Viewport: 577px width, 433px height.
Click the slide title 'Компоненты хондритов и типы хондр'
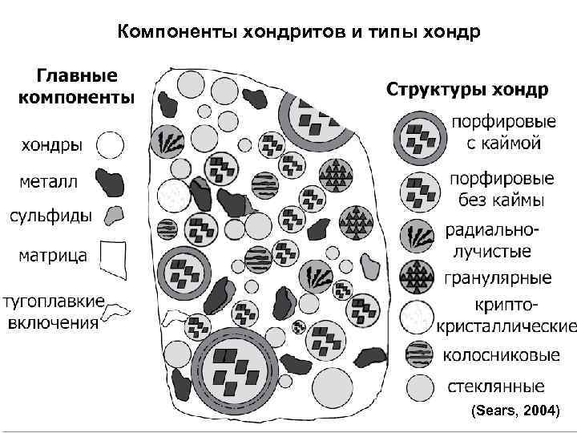(x=288, y=33)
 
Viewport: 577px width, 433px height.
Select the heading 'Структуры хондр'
(x=468, y=88)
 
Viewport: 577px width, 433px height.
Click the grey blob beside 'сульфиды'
(x=115, y=215)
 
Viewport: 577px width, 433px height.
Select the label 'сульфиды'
(x=50, y=216)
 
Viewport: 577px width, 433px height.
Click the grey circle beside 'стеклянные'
(x=418, y=386)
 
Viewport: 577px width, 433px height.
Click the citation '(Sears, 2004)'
(x=514, y=411)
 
